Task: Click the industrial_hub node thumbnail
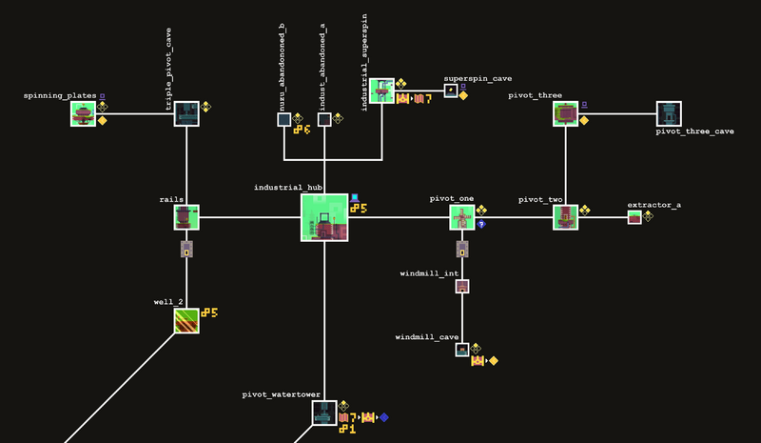324,217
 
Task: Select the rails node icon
186,217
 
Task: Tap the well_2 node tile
186,321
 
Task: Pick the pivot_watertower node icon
324,413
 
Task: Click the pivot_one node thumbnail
462,217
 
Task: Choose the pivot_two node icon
566,217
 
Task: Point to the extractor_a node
634,218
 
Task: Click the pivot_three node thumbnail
566,114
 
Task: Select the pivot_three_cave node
670,114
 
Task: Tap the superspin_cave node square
451,91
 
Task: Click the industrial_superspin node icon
381,91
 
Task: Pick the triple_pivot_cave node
186,114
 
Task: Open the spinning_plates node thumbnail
83,114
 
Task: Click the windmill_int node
462,286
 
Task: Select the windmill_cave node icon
462,351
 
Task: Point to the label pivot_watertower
282,393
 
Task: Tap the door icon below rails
186,250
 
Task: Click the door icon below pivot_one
462,250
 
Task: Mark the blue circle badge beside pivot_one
482,224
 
